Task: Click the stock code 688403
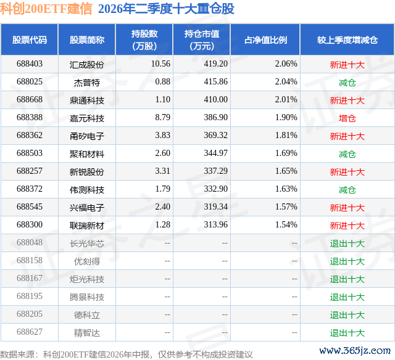pos(30,64)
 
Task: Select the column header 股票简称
pos(87,40)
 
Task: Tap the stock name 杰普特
pos(87,82)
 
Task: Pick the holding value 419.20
pos(215,64)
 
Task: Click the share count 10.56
pos(160,64)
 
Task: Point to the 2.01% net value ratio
pos(286,100)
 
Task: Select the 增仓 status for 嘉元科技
pos(347,118)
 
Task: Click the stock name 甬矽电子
pos(87,136)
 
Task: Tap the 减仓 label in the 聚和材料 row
pos(347,153)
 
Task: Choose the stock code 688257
pos(30,171)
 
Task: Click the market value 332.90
pos(215,189)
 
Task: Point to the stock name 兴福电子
pos(87,207)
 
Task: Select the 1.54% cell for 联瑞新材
pos(286,224)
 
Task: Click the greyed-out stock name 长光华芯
pos(87,243)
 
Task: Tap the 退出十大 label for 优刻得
pos(347,261)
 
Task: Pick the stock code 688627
pos(30,332)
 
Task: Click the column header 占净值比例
pos(265,40)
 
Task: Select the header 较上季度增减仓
pos(347,40)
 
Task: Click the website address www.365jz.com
pos(355,350)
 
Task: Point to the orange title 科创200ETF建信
pos(46,9)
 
